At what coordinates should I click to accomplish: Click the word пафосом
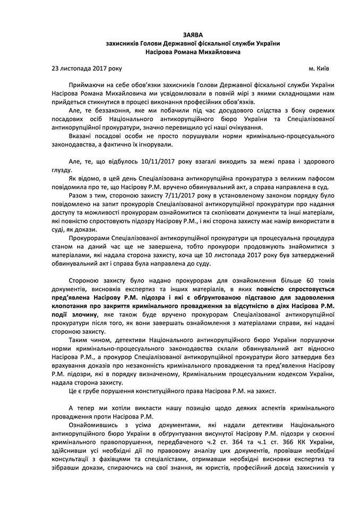coord(316,178)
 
